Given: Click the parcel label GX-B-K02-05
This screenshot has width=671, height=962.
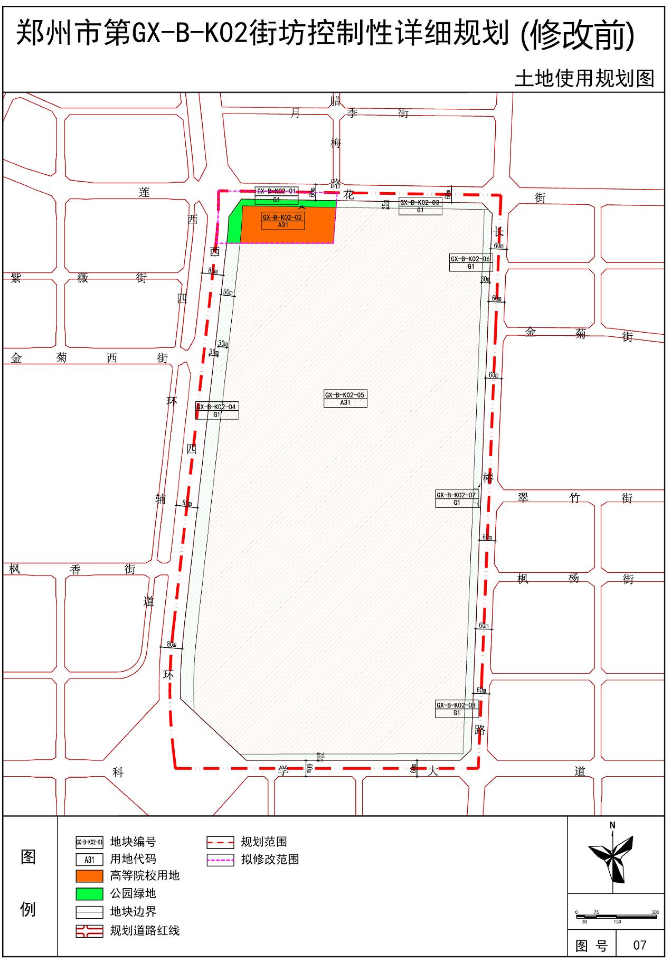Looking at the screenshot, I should [x=345, y=395].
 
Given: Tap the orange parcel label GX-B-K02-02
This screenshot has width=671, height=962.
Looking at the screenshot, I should [x=283, y=218].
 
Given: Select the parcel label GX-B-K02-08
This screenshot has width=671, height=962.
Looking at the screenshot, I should [x=456, y=705].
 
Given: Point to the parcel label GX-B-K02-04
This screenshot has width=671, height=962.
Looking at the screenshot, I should [x=216, y=407].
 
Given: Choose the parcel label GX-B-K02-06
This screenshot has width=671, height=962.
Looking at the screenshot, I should [x=470, y=259].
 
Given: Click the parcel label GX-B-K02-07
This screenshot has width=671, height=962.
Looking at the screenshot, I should [x=456, y=495].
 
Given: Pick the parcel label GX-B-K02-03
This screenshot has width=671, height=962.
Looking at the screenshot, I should [x=420, y=203].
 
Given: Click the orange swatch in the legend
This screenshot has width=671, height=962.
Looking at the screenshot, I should [x=89, y=876].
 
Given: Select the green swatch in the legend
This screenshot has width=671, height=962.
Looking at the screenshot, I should [x=89, y=893].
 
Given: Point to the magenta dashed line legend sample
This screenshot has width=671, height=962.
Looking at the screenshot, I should [x=220, y=860].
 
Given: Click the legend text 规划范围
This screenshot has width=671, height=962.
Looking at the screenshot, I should [x=264, y=842].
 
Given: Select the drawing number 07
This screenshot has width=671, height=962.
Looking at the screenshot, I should [x=639, y=945].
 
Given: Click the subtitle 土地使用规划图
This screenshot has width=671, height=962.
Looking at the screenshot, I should [x=584, y=79].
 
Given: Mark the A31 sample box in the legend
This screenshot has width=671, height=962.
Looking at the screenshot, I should [x=89, y=860].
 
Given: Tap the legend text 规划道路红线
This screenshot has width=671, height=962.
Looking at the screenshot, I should [x=145, y=930].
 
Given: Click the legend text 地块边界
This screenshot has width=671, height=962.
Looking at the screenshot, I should [x=133, y=912].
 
